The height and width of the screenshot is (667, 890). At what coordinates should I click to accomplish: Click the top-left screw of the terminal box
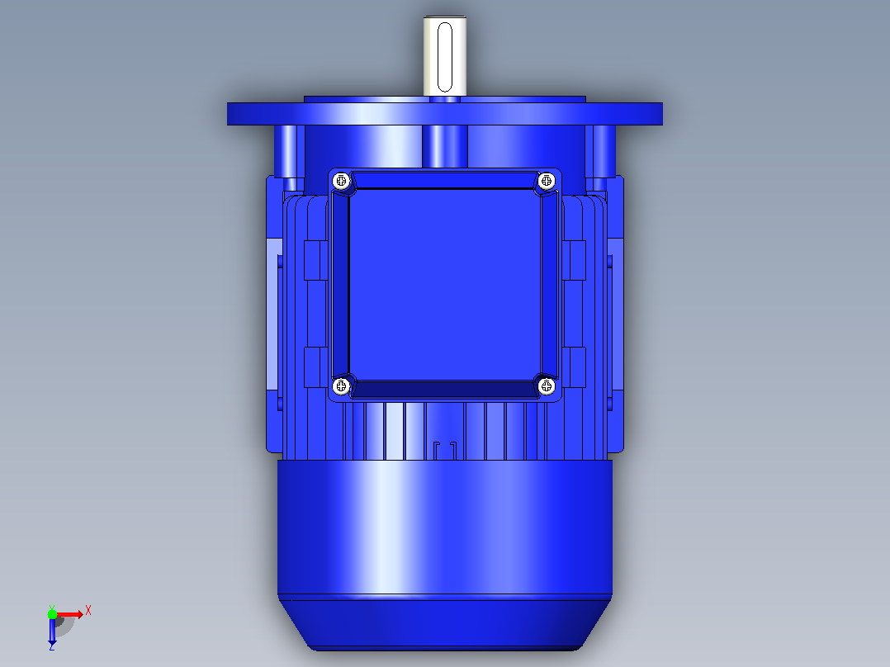[341, 181]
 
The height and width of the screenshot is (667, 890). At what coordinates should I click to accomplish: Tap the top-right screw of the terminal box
[547, 181]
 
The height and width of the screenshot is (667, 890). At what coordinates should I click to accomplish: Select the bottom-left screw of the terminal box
[341, 386]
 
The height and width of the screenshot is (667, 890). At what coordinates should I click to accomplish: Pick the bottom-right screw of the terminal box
[547, 386]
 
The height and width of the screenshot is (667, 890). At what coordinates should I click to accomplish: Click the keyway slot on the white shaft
[445, 57]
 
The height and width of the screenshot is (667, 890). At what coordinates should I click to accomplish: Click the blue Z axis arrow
[52, 630]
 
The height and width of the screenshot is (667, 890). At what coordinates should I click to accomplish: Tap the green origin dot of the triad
[52, 614]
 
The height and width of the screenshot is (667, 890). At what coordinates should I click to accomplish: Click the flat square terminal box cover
[445, 284]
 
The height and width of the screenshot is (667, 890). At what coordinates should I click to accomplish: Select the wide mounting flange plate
[445, 114]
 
